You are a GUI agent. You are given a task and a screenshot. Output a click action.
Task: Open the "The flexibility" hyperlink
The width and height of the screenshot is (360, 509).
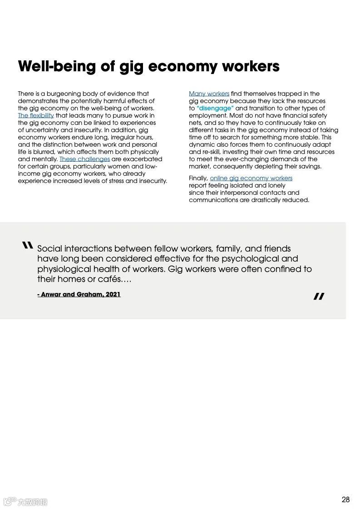pyautogui.click(x=36, y=115)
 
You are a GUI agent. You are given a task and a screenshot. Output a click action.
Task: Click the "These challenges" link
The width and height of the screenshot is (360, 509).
pyautogui.click(x=84, y=159)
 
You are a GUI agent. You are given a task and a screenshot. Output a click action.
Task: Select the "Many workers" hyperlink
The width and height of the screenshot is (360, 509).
pyautogui.click(x=209, y=94)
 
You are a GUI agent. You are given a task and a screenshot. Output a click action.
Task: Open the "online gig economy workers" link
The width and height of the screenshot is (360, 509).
pyautogui.click(x=251, y=178)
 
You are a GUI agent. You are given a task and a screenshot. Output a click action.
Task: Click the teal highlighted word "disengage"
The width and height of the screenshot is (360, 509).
pyautogui.click(x=216, y=108)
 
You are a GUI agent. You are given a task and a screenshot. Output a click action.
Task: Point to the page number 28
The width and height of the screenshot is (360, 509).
pyautogui.click(x=345, y=499)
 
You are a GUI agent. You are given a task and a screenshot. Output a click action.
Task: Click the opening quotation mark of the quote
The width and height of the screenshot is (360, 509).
pyautogui.click(x=27, y=246)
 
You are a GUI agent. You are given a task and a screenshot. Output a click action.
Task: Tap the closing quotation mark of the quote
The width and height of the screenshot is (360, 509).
pyautogui.click(x=319, y=297)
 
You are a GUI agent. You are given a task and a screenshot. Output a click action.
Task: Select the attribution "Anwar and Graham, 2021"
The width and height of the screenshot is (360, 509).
pyautogui.click(x=79, y=294)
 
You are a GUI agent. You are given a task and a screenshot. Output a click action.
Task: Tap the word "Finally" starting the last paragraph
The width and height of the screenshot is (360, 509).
pyautogui.click(x=198, y=178)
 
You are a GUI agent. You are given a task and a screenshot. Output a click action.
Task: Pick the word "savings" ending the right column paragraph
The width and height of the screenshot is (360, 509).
pyautogui.click(x=310, y=166)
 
